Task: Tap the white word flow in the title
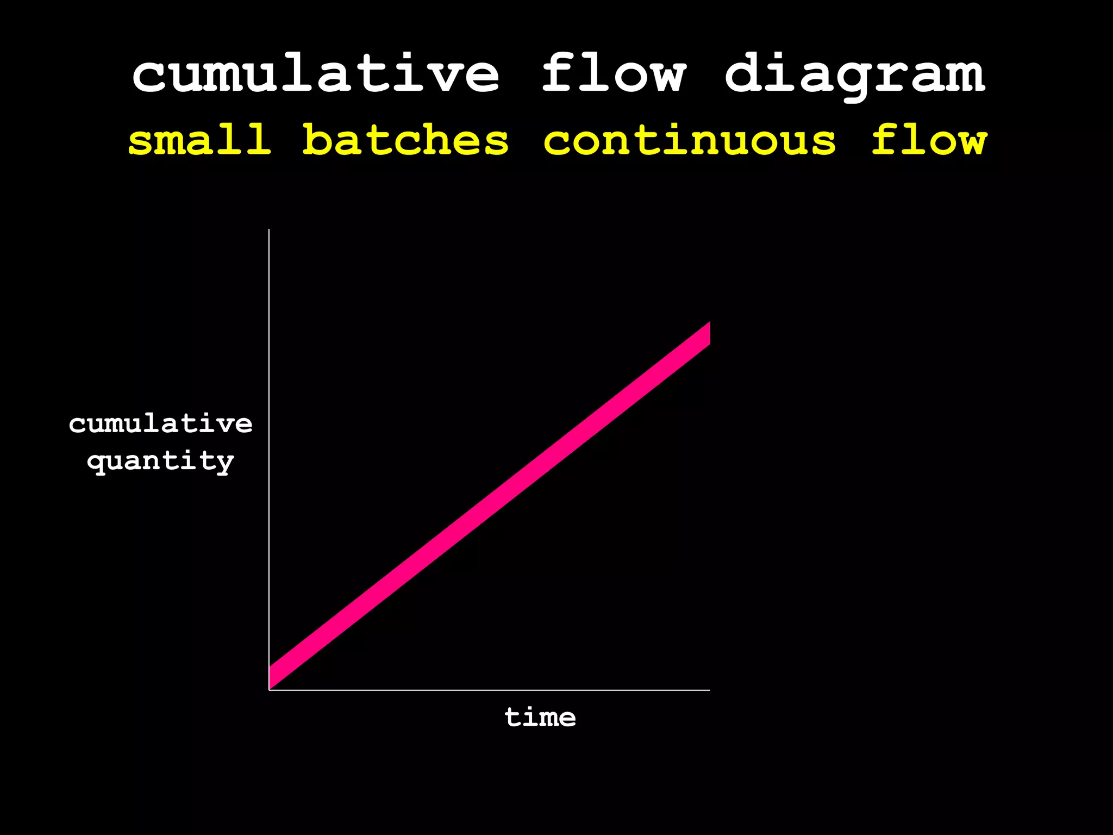[x=614, y=73]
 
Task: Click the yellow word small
[x=199, y=140]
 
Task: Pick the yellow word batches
[x=405, y=140]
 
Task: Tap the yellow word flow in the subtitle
[x=929, y=140]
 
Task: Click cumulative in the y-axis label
[x=161, y=424]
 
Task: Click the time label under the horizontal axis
[x=540, y=718]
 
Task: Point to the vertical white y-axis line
[x=269, y=435]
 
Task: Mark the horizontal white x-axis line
[x=489, y=690]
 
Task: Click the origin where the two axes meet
[x=269, y=690]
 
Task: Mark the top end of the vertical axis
[x=269, y=230]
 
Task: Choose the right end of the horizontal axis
[x=709, y=690]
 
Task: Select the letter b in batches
[x=317, y=140]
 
